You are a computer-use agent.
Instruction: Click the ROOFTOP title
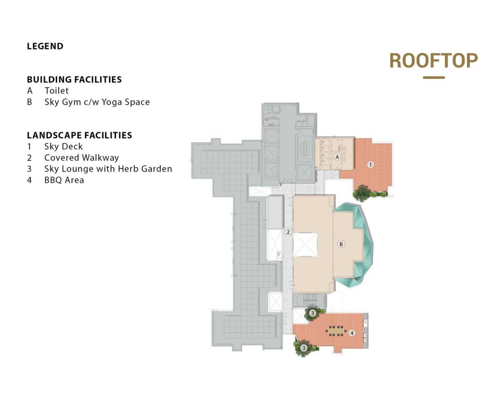[433, 61]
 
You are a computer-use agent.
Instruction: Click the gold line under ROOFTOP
[434, 78]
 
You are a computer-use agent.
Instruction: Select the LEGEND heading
[45, 46]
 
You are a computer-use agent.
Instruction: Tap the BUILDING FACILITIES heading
[74, 79]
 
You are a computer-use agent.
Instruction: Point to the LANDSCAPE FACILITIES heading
[79, 135]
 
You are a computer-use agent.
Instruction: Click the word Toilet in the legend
[56, 91]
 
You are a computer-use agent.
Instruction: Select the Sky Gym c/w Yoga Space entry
[97, 102]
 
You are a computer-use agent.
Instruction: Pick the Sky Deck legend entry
[63, 146]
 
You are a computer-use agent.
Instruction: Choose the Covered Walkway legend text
[81, 157]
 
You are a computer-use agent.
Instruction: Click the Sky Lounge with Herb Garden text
[108, 169]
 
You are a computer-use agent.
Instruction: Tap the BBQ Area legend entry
[64, 180]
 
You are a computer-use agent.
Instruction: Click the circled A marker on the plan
[337, 157]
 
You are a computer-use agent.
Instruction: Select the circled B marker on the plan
[341, 244]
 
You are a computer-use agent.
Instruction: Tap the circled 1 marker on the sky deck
[370, 164]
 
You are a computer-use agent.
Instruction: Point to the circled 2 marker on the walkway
[288, 232]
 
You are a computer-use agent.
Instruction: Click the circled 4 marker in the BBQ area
[352, 333]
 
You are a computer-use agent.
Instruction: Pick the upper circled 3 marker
[312, 313]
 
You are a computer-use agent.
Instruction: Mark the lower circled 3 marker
[303, 348]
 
